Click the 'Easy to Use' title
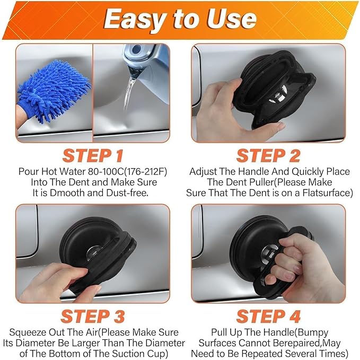(180, 20)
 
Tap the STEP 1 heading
(94, 156)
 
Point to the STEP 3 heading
(94, 316)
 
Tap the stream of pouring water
(129, 95)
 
